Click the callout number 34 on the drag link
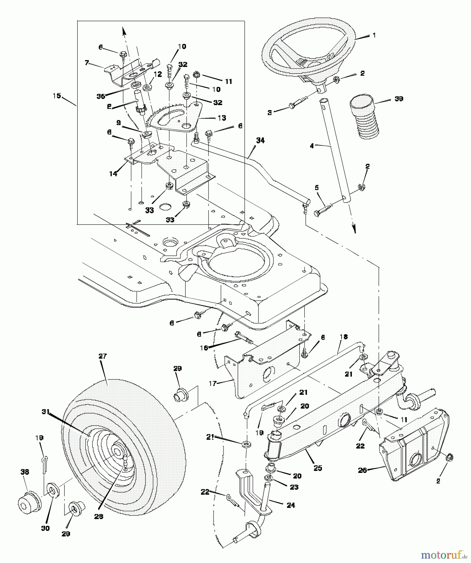tap(260, 141)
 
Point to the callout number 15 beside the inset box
tap(57, 95)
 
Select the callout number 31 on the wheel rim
tap(46, 412)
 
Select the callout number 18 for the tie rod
tap(343, 337)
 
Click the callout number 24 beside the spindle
tap(291, 505)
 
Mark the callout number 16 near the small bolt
tap(204, 347)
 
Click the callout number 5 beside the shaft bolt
tap(317, 188)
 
